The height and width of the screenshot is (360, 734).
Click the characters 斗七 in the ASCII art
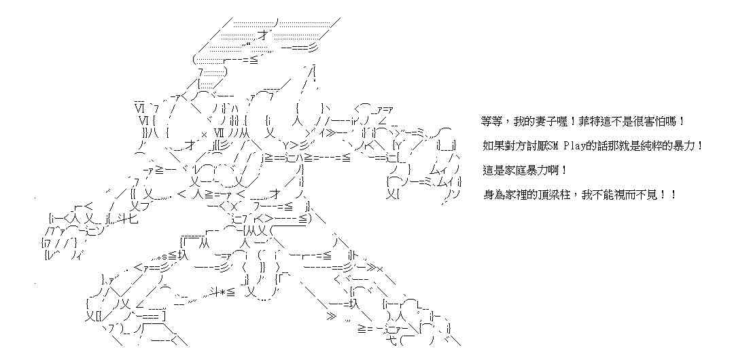[127, 218]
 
